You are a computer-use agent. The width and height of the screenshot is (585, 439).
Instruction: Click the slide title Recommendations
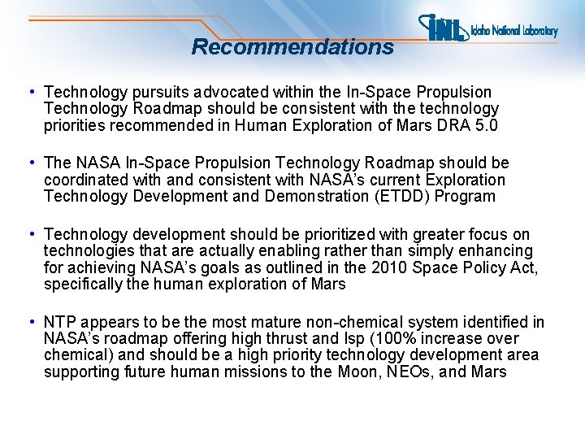[292, 47]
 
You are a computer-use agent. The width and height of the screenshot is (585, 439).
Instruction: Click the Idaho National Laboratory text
[514, 32]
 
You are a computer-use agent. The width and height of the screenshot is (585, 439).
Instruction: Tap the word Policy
[477, 268]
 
